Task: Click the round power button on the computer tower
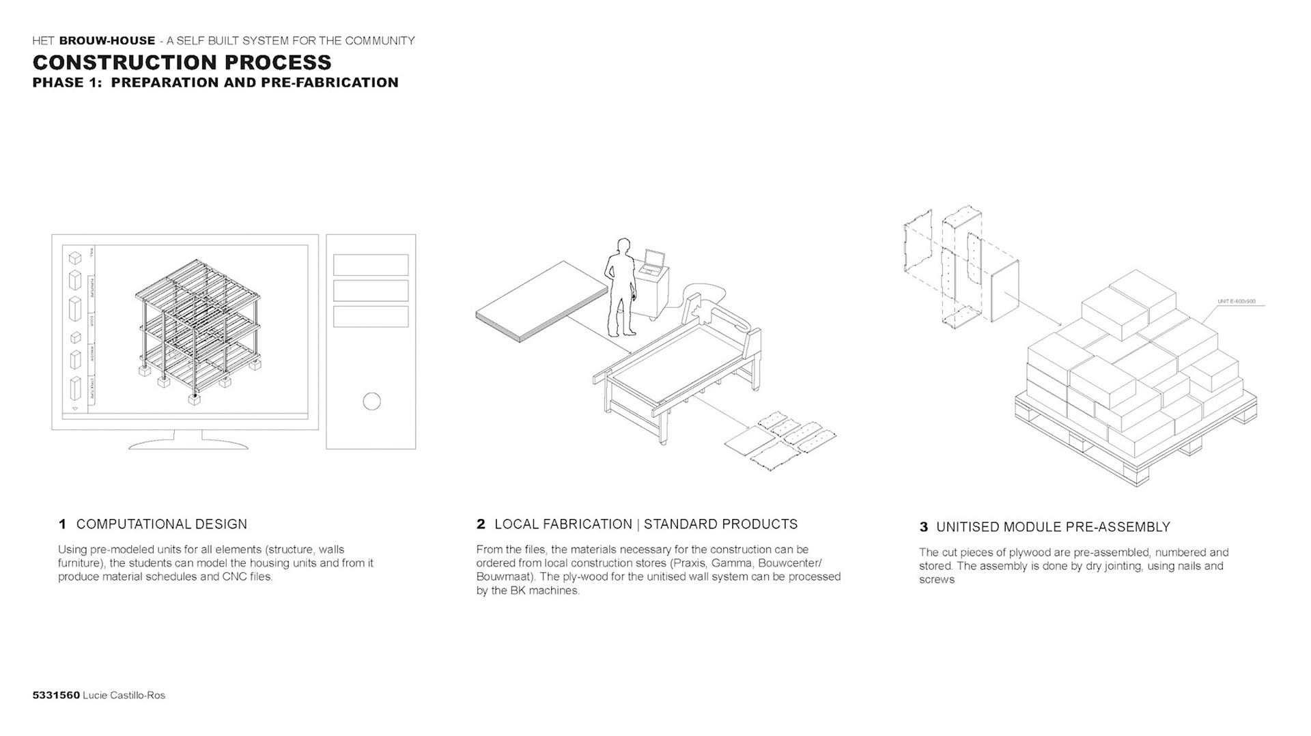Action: click(371, 401)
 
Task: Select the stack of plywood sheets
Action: click(541, 300)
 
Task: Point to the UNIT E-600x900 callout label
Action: click(1236, 301)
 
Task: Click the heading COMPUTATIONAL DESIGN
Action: click(162, 524)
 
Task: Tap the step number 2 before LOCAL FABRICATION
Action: click(481, 524)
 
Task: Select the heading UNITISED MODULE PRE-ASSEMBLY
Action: click(1053, 527)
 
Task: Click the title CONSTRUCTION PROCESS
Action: click(182, 62)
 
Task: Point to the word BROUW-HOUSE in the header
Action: click(107, 40)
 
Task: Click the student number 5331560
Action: click(56, 695)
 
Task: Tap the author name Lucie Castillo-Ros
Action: click(124, 695)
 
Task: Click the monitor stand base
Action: click(188, 444)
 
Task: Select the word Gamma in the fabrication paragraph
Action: click(731, 563)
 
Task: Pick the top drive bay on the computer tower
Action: click(371, 265)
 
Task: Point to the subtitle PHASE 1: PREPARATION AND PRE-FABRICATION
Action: click(215, 83)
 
